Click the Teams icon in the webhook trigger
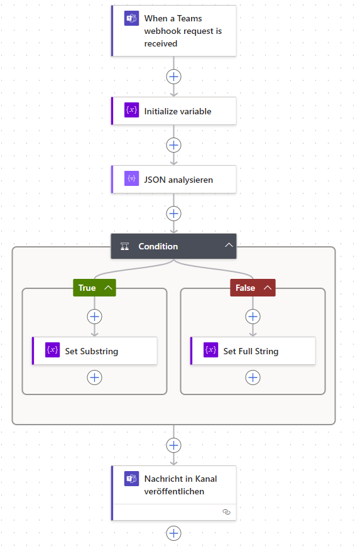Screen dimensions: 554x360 point(131,19)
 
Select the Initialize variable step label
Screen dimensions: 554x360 point(177,111)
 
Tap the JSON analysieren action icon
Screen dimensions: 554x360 point(131,179)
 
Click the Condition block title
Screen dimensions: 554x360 point(158,246)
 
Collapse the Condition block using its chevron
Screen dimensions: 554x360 point(229,246)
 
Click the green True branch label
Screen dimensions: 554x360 point(87,288)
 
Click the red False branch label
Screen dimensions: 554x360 point(246,288)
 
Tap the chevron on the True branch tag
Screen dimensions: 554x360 point(108,288)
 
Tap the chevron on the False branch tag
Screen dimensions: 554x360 point(267,288)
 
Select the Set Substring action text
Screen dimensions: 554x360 point(91,351)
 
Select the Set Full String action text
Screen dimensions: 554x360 point(251,351)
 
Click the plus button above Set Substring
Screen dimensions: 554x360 point(94,317)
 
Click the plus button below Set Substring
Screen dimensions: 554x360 point(94,377)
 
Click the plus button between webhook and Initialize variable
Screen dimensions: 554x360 point(174,77)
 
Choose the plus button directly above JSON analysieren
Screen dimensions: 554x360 point(174,145)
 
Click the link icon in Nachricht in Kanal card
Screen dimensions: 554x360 point(227,512)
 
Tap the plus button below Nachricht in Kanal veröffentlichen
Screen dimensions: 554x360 point(174,533)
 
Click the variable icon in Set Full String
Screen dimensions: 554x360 point(211,350)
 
